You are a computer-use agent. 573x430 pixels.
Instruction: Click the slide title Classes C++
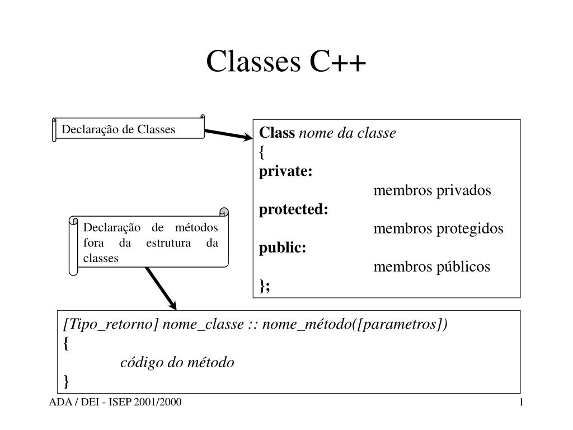click(286, 61)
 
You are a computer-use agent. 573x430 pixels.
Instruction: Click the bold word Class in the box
click(277, 132)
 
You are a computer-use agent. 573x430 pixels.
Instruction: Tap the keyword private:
click(286, 171)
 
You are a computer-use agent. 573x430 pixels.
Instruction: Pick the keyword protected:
click(294, 209)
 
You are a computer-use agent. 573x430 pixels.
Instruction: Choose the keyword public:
click(283, 248)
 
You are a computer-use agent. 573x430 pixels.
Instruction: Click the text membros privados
click(433, 190)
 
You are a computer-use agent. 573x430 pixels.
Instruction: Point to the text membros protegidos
click(439, 228)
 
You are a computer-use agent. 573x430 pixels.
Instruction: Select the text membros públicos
click(432, 267)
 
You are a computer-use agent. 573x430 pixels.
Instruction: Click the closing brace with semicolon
click(265, 286)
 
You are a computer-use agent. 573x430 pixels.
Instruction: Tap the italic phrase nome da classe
click(347, 133)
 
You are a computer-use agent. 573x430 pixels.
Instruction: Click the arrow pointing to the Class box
click(229, 134)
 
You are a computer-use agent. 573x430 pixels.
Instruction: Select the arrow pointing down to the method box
click(161, 289)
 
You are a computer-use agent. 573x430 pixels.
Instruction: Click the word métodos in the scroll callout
click(196, 227)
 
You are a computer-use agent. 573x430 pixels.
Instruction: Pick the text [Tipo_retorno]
click(111, 324)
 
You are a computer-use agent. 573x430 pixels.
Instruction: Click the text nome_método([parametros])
click(355, 324)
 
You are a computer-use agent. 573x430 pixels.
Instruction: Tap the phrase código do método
click(177, 362)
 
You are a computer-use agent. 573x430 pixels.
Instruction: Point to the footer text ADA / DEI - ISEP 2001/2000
click(115, 402)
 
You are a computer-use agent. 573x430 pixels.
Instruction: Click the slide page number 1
click(521, 402)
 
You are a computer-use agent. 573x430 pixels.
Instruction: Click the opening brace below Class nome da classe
click(262, 152)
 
